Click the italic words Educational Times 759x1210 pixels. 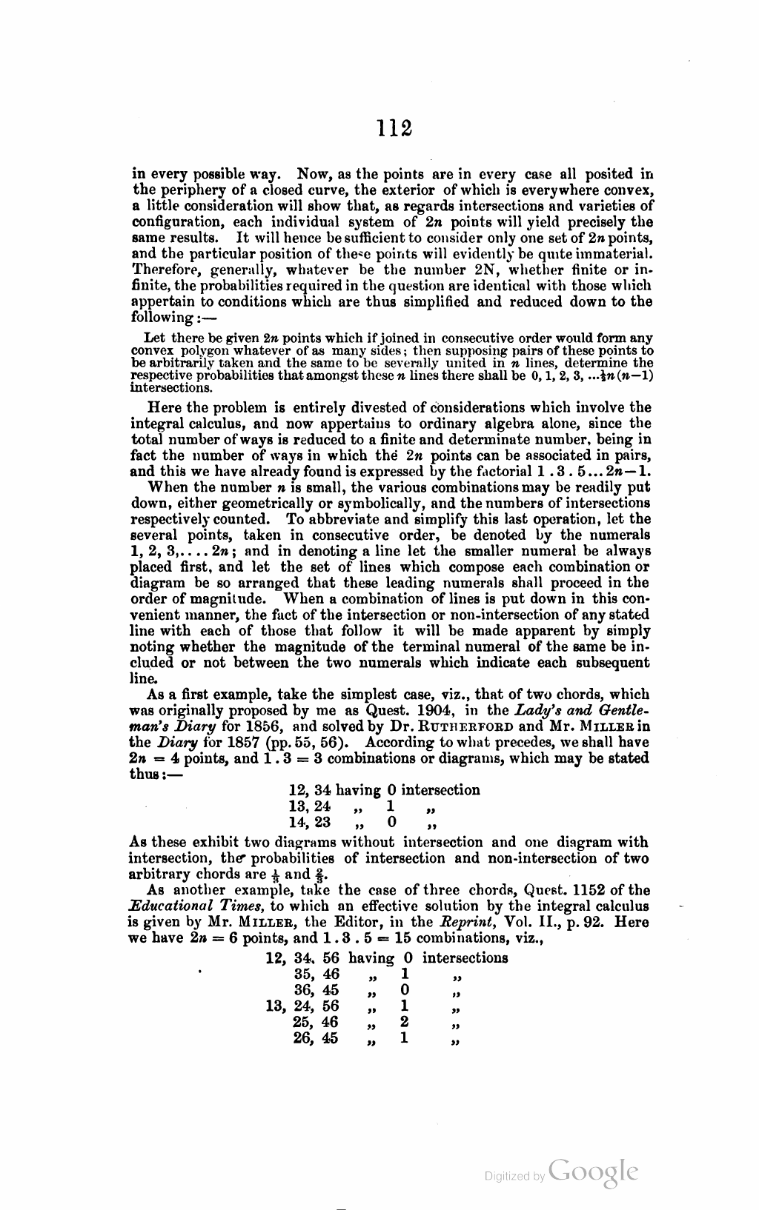201,906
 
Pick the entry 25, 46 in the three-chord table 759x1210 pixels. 316,1023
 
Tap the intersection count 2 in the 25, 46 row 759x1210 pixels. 404,1023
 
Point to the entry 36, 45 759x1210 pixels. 316,990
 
